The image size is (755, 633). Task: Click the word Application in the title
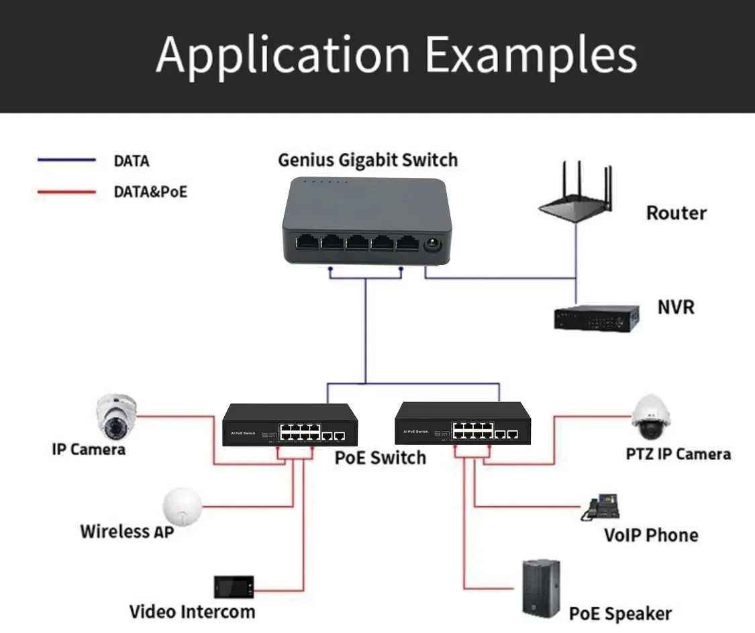click(x=283, y=55)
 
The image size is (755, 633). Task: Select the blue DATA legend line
click(x=66, y=160)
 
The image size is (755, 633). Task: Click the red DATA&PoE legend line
click(x=66, y=192)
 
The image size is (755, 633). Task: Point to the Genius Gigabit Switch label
click(x=367, y=160)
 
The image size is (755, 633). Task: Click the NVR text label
click(x=676, y=307)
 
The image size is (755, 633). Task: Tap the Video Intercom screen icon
click(x=234, y=587)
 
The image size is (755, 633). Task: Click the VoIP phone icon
click(x=600, y=508)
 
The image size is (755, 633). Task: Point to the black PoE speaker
click(x=541, y=589)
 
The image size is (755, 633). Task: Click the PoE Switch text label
click(x=380, y=458)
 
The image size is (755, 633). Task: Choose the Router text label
click(x=676, y=213)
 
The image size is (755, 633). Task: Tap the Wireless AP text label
click(x=127, y=532)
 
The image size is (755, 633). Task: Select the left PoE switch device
click(x=290, y=424)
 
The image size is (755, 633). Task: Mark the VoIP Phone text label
click(x=650, y=535)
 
